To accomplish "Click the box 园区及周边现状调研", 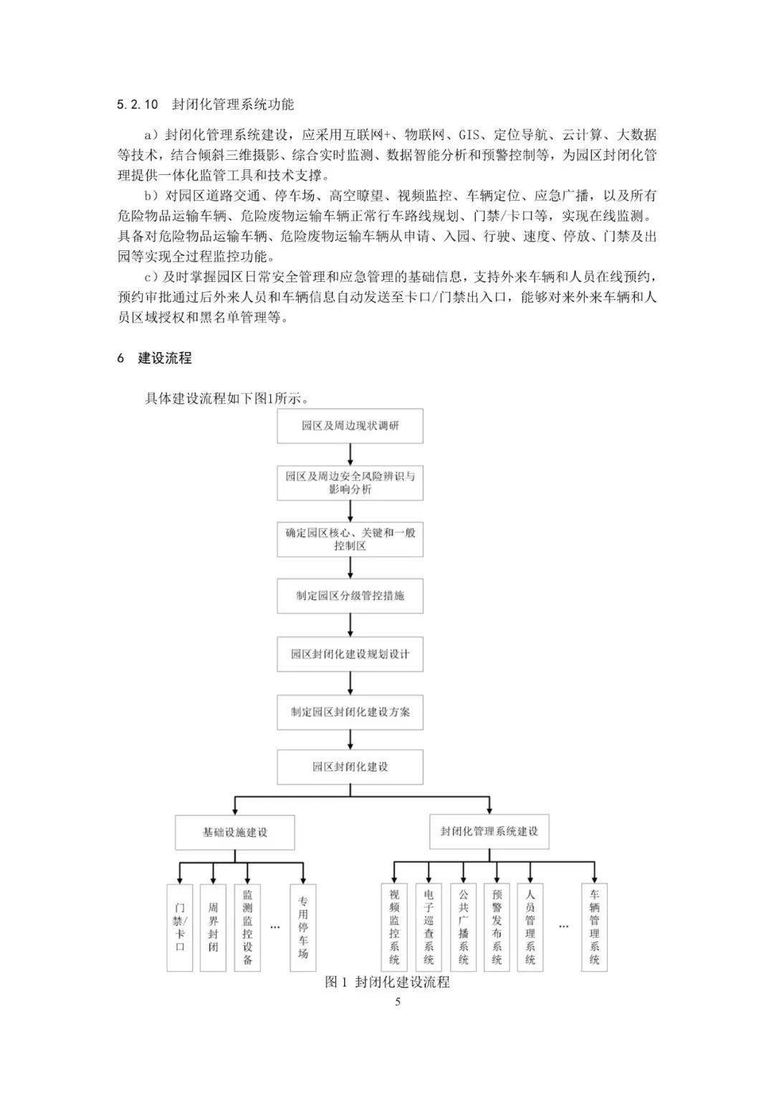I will coord(350,426).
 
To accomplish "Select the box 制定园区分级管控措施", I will coord(350,596).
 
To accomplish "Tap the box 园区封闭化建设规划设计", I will coord(350,654).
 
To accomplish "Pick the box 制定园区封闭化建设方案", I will coord(350,713).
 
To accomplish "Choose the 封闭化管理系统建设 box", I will coord(489,832).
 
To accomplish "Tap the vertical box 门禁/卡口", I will coord(180,927).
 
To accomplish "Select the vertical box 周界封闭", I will coord(214,927).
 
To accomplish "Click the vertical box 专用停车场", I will coord(303,927).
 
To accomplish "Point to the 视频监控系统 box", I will coord(394,927).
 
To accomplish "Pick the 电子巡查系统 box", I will coord(429,927).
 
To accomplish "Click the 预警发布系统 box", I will coord(497,927).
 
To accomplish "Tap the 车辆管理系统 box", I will coord(594,927).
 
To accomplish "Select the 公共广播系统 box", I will coord(463,927).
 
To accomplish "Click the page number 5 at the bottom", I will coord(398,1002).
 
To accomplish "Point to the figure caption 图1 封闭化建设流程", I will coord(387,982).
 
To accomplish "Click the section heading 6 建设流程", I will coord(155,358).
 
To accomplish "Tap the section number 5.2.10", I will coord(136,104).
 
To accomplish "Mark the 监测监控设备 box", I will coord(247,927).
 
